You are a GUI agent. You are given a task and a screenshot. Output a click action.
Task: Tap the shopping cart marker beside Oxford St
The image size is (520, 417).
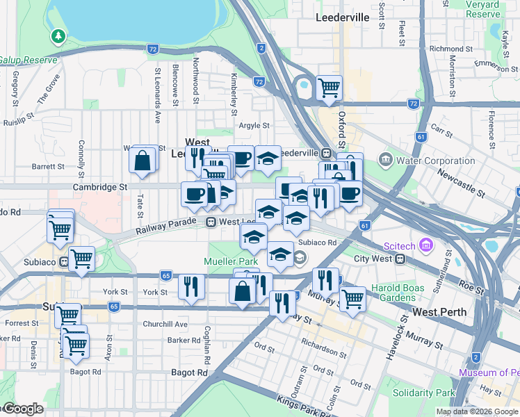pos(329,88)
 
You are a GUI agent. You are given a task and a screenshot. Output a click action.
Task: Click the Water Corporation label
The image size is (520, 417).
pos(435,161)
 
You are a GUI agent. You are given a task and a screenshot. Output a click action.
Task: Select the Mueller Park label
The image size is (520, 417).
pos(231,261)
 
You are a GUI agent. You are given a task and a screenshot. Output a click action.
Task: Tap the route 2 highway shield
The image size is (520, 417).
pos(261,48)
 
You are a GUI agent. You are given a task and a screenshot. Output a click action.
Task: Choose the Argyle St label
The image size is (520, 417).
pos(254,126)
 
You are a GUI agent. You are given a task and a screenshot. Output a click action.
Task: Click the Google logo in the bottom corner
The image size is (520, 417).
pos(23,409)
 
